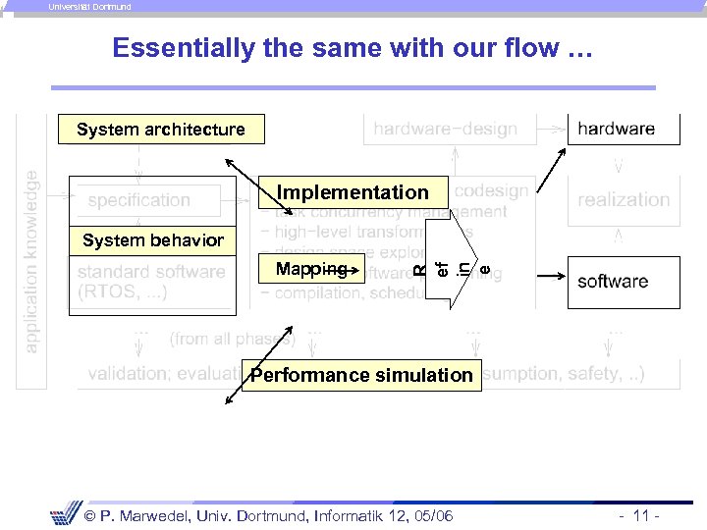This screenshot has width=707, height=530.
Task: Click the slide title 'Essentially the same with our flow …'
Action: (x=353, y=47)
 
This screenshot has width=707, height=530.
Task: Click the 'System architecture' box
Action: (x=161, y=129)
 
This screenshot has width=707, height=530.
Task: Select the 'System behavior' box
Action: (x=153, y=240)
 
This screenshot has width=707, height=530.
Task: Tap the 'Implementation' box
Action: (x=353, y=192)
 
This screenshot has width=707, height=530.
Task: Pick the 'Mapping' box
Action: (x=312, y=269)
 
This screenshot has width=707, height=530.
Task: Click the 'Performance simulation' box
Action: (x=361, y=375)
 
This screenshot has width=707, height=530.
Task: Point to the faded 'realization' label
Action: (x=624, y=199)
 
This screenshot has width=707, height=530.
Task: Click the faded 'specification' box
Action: (x=139, y=200)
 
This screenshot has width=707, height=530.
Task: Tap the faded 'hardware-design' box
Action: (x=445, y=129)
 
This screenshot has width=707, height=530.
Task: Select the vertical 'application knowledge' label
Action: (x=31, y=260)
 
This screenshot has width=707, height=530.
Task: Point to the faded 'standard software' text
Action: (x=151, y=272)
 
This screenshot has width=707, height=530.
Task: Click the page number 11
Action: (x=639, y=515)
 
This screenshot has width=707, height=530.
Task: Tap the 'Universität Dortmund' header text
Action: (x=89, y=6)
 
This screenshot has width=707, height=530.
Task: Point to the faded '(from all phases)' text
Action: (x=232, y=339)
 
